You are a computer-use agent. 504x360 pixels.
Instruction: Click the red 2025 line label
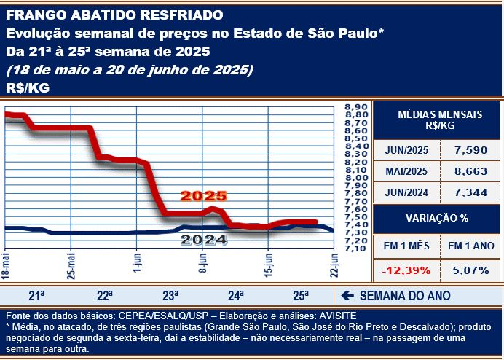[x=204, y=197]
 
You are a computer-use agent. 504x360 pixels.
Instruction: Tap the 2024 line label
[x=204, y=239]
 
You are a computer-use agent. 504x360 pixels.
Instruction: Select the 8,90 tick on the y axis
[x=355, y=107]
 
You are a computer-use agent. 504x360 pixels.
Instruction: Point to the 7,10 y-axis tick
[x=355, y=249]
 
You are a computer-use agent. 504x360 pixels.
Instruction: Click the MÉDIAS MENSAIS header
[x=438, y=120]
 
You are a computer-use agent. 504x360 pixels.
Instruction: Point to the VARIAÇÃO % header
[x=437, y=219]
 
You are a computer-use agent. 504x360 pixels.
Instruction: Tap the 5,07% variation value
[x=470, y=270]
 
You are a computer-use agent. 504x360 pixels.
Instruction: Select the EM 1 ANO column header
[x=470, y=246]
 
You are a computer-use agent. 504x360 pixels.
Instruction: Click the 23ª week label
[x=170, y=296]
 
